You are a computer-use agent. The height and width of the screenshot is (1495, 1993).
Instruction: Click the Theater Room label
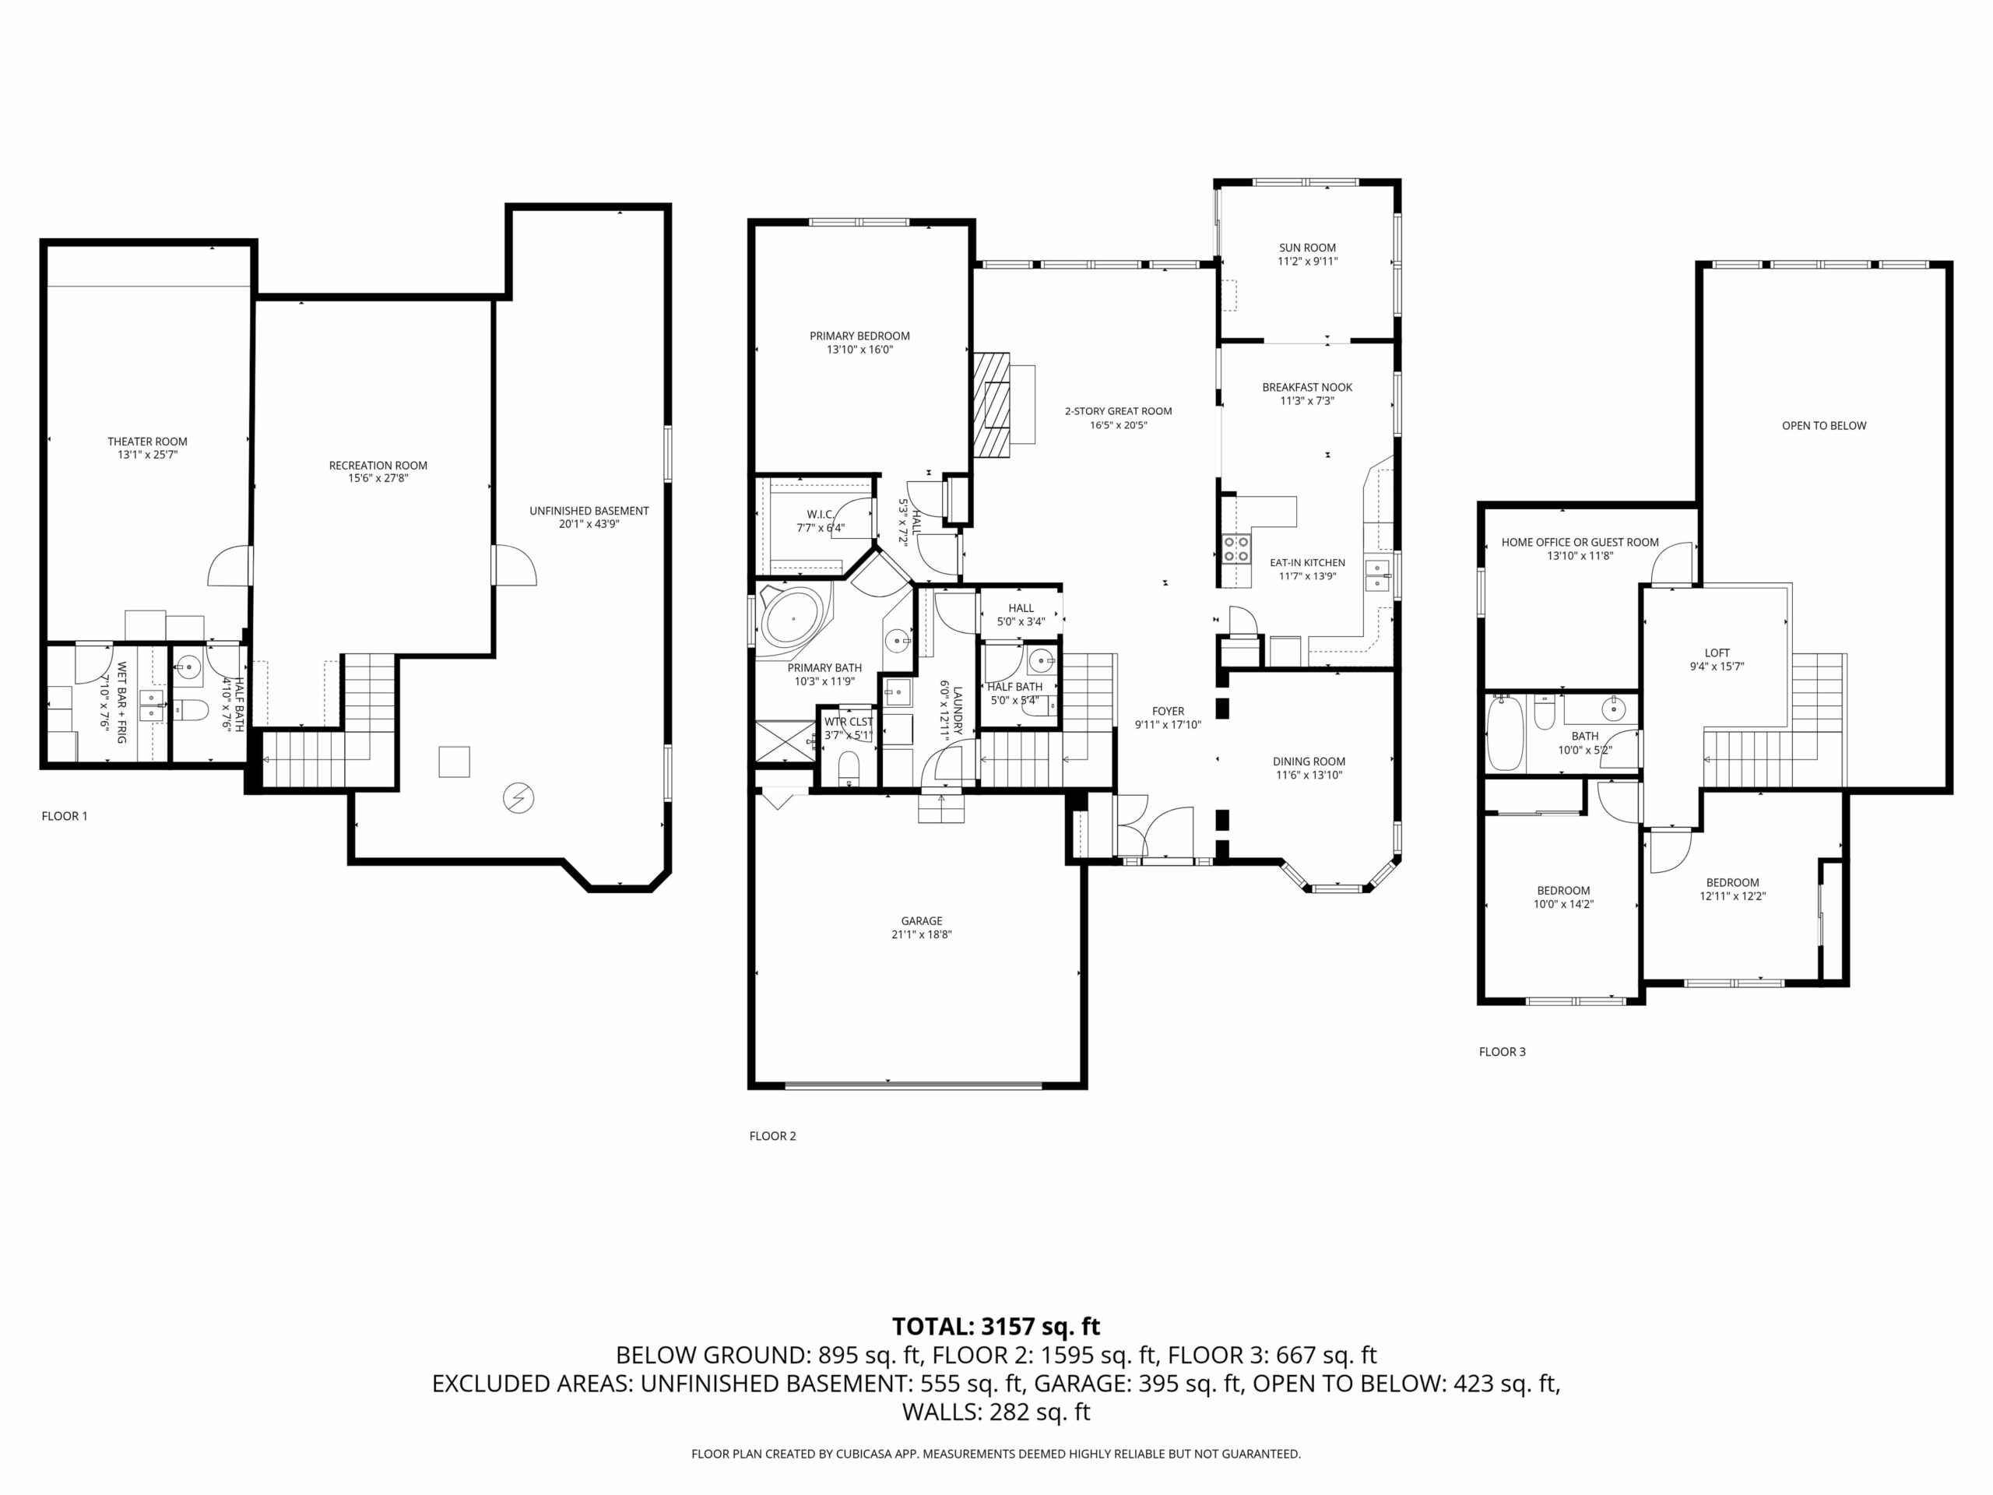click(148, 441)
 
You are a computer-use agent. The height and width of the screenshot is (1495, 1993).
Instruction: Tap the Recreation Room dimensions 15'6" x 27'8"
click(378, 479)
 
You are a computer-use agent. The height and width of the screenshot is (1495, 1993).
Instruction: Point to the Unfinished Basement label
click(589, 511)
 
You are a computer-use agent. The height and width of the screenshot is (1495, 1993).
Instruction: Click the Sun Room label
click(1307, 248)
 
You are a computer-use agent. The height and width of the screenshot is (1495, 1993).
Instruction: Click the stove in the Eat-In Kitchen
click(1236, 549)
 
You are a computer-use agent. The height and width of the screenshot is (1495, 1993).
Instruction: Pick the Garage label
click(922, 921)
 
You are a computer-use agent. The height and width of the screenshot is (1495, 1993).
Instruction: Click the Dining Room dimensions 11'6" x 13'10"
click(1309, 775)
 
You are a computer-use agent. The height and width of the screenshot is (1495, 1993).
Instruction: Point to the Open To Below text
click(1825, 425)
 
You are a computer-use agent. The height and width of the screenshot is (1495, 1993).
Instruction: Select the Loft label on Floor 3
click(1717, 653)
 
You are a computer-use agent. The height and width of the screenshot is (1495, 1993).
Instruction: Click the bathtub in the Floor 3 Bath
click(1505, 733)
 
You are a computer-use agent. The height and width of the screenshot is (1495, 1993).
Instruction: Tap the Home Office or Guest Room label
click(1580, 543)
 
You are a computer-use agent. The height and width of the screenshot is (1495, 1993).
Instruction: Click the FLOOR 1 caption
click(65, 817)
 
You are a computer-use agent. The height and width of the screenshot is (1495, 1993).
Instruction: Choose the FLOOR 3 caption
click(1503, 1052)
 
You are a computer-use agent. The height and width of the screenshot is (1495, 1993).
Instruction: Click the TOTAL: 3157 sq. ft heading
click(996, 1327)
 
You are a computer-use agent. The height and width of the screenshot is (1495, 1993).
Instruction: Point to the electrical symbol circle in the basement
click(518, 797)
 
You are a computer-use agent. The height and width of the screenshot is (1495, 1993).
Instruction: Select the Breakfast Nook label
click(1307, 388)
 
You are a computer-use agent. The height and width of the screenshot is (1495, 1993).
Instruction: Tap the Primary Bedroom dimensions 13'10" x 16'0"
click(860, 350)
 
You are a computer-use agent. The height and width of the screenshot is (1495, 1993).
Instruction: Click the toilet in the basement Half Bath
click(191, 711)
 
